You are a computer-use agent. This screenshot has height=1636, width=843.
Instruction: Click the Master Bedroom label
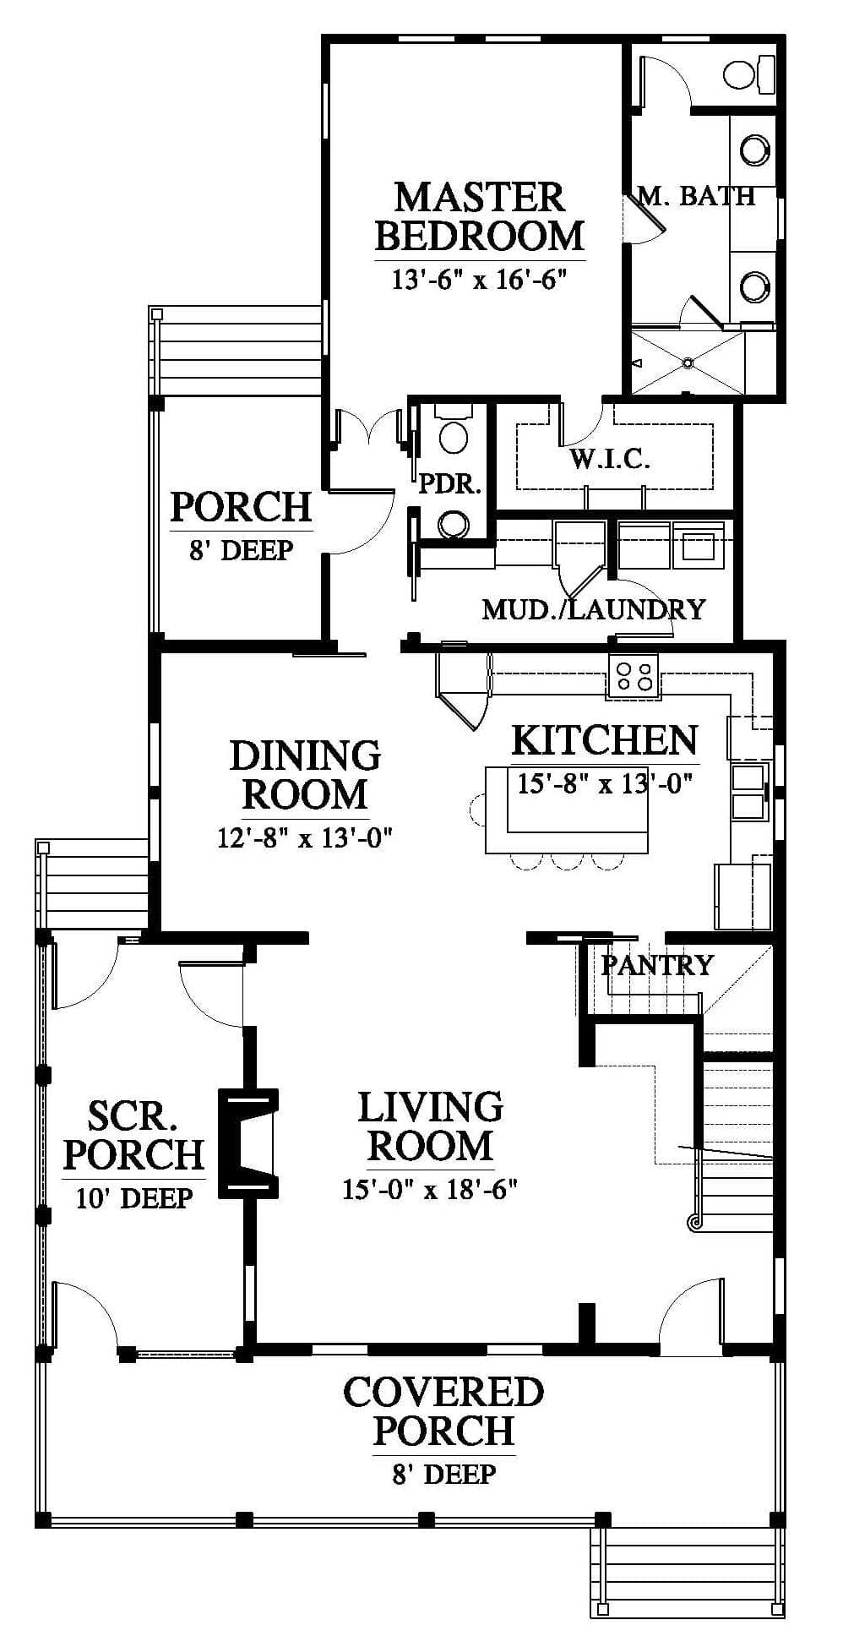[x=479, y=216]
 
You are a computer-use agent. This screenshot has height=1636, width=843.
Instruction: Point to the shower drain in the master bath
[x=688, y=363]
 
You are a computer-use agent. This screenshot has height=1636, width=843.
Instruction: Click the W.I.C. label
[x=610, y=459]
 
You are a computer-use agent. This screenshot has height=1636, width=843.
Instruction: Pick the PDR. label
[x=450, y=484]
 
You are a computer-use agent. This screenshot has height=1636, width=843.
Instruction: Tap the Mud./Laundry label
[x=593, y=609]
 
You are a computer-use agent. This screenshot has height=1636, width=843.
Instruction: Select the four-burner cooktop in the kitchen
[x=634, y=675]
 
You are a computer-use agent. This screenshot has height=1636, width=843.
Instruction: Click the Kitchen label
[x=605, y=740]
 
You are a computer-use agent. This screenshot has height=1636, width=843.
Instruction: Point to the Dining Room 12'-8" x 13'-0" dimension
[x=305, y=838]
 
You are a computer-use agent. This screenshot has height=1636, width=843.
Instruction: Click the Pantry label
[x=657, y=964]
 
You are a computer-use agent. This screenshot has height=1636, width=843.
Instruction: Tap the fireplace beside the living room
[x=248, y=1142]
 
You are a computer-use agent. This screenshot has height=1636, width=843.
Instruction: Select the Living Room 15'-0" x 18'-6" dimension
[x=430, y=1189]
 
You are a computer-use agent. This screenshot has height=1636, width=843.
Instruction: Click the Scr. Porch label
[x=133, y=1135]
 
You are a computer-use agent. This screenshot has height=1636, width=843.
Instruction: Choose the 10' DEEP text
[x=134, y=1197]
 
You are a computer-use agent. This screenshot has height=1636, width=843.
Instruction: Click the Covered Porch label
[x=443, y=1411]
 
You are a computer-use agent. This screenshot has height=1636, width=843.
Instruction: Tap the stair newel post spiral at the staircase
[x=696, y=1221]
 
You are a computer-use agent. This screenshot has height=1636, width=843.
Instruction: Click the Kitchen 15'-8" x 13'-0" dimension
[x=605, y=783]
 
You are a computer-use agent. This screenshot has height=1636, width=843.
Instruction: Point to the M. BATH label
[x=696, y=196]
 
